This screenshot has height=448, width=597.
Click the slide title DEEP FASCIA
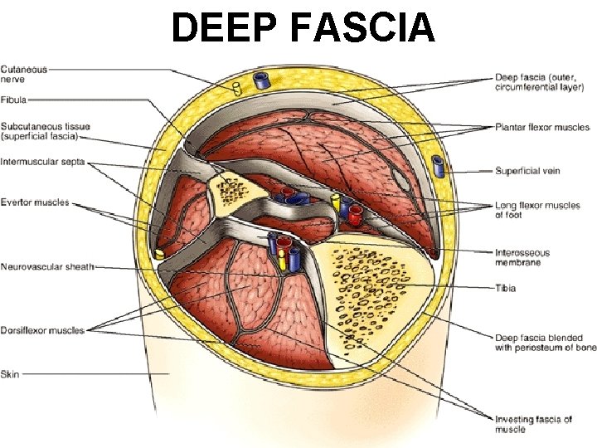303,27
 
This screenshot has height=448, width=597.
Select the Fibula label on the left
14,100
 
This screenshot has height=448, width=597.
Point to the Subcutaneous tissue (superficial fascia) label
42,131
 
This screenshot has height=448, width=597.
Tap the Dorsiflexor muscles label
42,330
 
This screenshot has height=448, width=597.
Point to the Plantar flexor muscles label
542,128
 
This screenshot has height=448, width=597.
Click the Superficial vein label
527,171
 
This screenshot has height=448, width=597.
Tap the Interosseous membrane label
523,256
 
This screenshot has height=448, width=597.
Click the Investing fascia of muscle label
533,424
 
